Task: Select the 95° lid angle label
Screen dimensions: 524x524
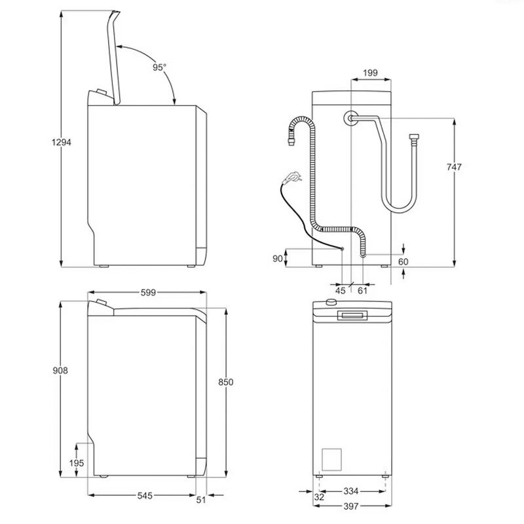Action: point(160,67)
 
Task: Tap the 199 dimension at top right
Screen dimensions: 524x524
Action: point(370,73)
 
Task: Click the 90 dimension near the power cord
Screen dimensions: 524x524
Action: point(277,258)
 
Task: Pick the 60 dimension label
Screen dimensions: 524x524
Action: point(403,261)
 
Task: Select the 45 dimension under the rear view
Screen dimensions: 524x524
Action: point(340,290)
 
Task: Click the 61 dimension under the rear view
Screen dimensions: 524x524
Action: point(362,290)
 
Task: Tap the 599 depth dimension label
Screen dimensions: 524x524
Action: point(148,293)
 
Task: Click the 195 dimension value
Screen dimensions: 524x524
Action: point(77,463)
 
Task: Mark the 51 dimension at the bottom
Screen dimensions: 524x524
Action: point(201,500)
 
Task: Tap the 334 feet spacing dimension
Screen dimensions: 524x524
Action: point(351,491)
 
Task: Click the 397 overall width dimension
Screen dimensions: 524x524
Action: point(351,506)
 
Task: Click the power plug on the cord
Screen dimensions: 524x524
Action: point(293,176)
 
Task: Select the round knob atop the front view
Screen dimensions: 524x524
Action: point(331,303)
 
